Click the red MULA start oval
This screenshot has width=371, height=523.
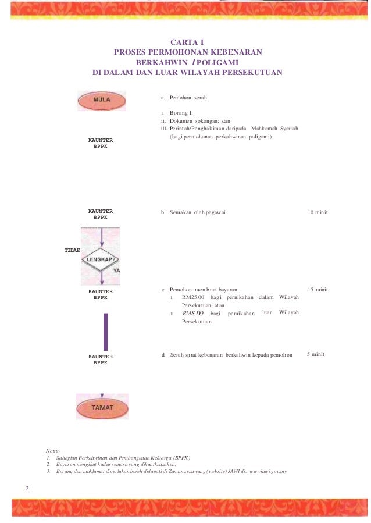click(101, 100)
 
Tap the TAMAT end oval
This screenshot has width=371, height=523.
click(102, 407)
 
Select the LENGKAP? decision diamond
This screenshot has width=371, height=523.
click(101, 258)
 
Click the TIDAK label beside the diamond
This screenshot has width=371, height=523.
click(72, 249)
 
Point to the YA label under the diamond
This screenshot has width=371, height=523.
click(116, 271)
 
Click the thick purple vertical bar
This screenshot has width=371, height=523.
click(105, 331)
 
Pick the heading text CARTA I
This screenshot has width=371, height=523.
click(187, 42)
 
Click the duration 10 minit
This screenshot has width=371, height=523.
click(318, 212)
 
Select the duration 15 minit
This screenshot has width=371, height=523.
click(318, 289)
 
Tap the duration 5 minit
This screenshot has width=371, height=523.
click(315, 354)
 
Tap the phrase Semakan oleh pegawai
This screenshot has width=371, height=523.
click(197, 212)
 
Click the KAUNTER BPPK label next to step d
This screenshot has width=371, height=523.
click(100, 359)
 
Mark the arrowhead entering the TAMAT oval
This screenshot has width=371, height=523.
click(102, 392)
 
